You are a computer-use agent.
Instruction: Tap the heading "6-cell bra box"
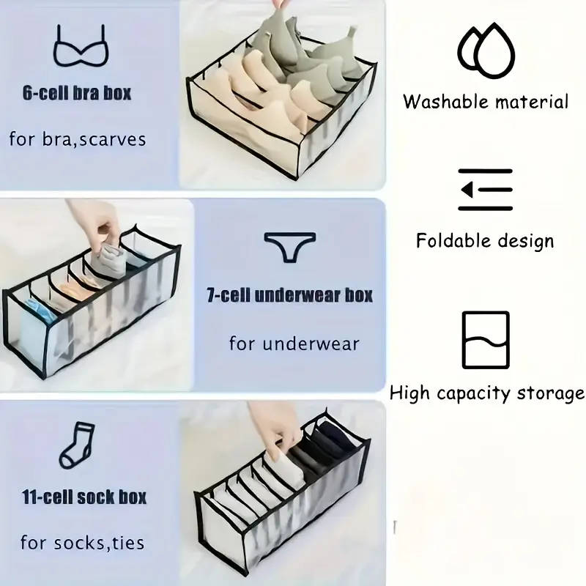click(x=77, y=93)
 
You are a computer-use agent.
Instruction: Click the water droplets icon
click(x=486, y=51)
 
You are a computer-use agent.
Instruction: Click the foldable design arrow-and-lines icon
click(x=486, y=190)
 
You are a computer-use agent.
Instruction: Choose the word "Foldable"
click(x=453, y=240)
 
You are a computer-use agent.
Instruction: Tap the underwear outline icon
click(x=289, y=247)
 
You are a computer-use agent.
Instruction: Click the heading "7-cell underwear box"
click(x=289, y=295)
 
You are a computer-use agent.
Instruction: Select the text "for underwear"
click(x=294, y=344)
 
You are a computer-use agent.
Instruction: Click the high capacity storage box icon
click(x=486, y=340)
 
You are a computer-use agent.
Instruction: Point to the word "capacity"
click(x=473, y=394)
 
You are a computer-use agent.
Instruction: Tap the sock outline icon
click(x=77, y=445)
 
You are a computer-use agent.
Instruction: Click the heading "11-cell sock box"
click(x=84, y=497)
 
